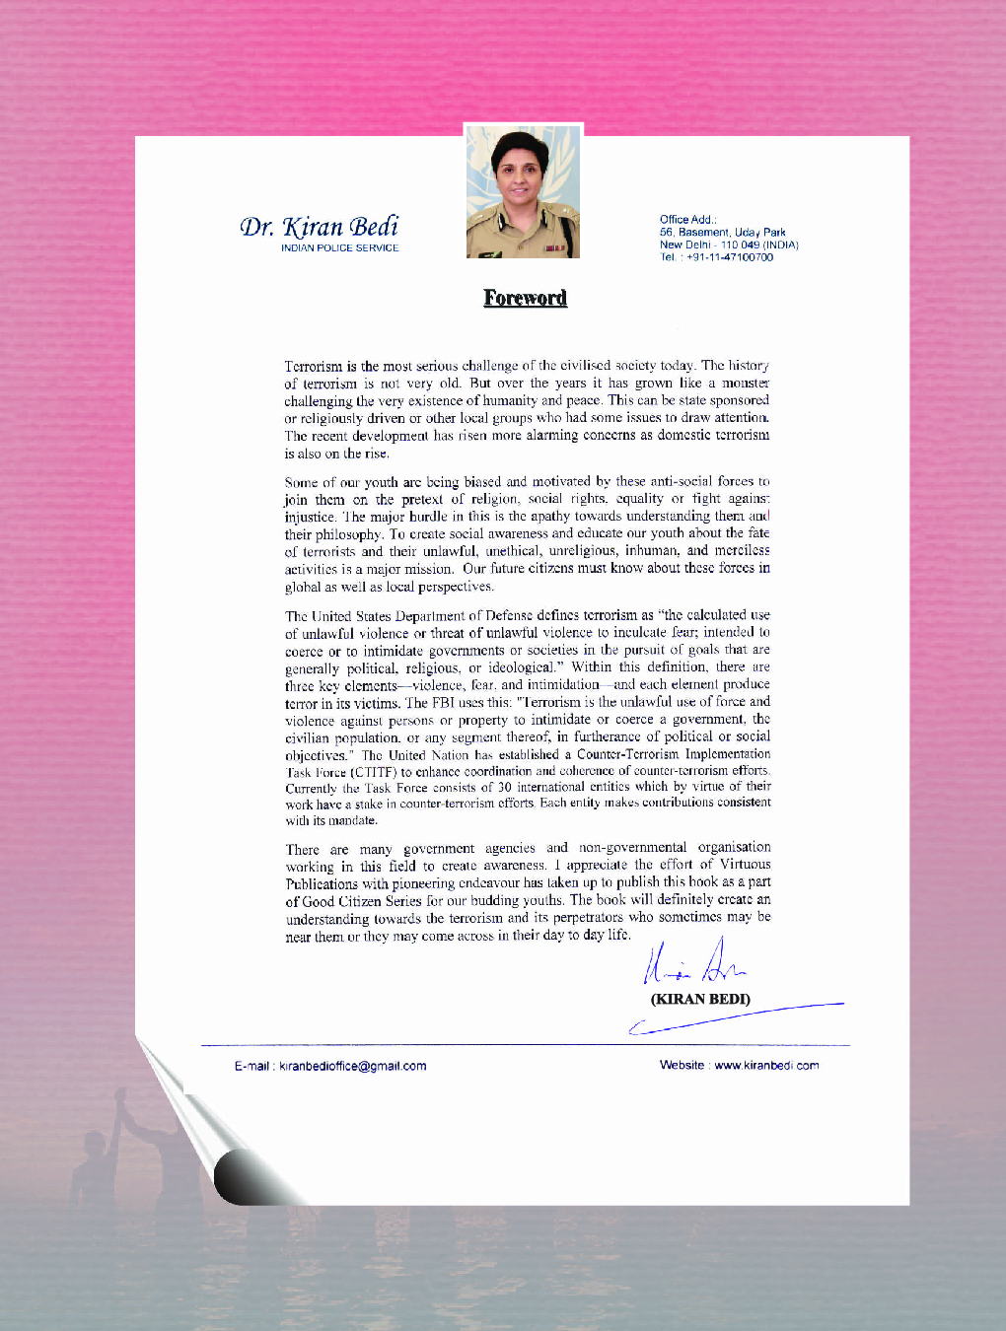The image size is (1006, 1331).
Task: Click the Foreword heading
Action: (525, 298)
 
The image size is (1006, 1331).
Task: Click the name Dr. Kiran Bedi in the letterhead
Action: (320, 227)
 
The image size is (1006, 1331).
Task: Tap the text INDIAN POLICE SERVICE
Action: (339, 248)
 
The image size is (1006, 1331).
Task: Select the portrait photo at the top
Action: (523, 191)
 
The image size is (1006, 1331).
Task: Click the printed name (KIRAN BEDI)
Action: (700, 999)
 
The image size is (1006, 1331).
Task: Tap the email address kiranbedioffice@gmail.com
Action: (353, 1066)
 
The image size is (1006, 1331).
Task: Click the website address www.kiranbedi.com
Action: (766, 1065)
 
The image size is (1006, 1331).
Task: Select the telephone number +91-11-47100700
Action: (730, 257)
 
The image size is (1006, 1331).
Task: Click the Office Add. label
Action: (688, 220)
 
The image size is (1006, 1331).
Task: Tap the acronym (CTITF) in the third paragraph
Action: (374, 772)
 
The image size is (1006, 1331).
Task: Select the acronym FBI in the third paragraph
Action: (443, 703)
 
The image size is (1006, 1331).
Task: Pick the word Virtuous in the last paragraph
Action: (746, 865)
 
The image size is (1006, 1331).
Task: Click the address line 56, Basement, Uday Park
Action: (723, 233)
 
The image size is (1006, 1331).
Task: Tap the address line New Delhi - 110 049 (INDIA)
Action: (729, 245)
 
